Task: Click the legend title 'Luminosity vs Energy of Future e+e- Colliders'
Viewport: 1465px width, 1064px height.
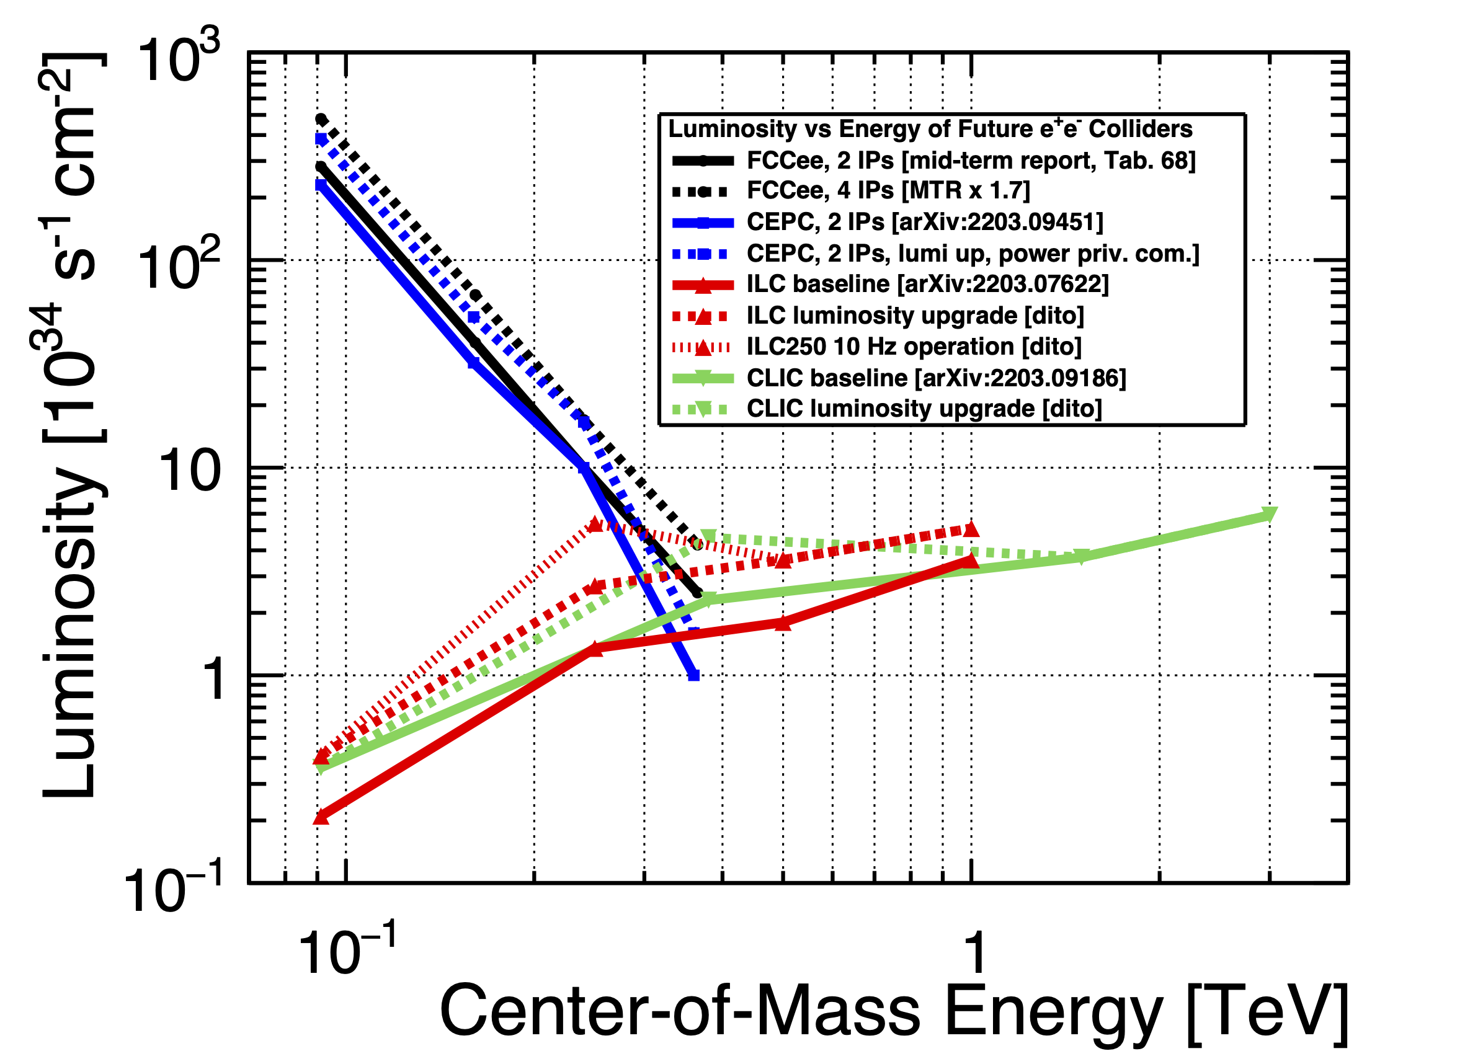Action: pos(930,129)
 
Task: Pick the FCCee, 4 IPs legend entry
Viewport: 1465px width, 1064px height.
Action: pos(888,191)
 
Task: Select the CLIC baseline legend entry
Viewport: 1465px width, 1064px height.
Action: pos(936,378)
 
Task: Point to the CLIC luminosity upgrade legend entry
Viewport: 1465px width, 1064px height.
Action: pos(924,409)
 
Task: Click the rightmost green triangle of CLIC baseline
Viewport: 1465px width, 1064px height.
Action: pos(1270,515)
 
